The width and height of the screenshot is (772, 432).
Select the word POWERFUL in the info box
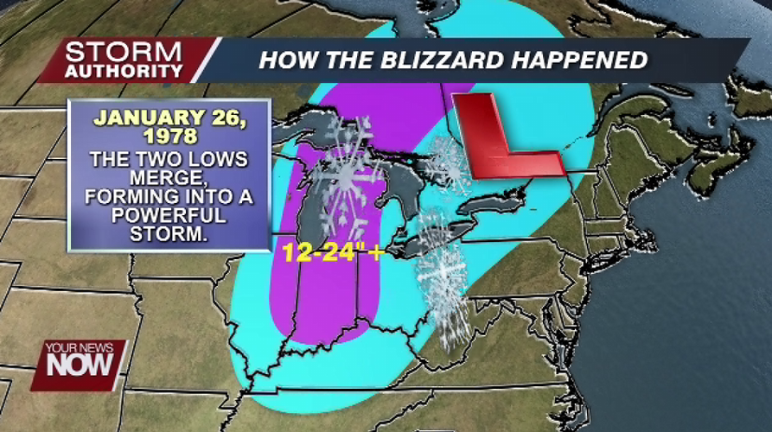(169, 214)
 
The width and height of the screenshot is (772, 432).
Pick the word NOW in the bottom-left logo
(80, 365)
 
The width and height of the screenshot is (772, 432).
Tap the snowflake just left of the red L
(449, 164)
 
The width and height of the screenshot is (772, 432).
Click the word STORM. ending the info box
(169, 233)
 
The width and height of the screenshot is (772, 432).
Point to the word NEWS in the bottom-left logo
(99, 347)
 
